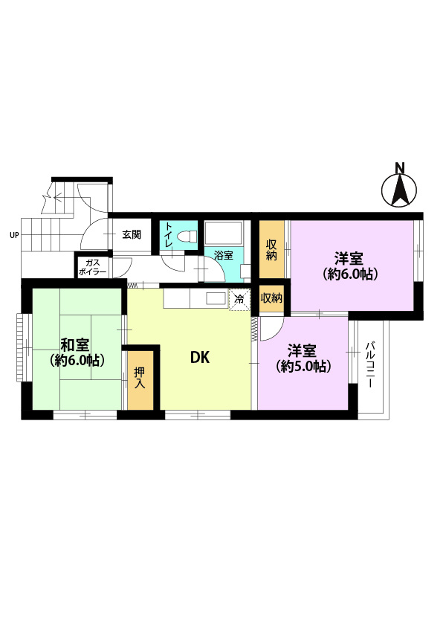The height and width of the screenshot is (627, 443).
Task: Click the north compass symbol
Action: [x=399, y=190]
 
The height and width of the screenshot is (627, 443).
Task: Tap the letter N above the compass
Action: [x=399, y=167]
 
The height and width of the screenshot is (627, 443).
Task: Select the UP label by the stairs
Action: [x=14, y=236]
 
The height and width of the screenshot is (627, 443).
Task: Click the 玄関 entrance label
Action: [x=132, y=234]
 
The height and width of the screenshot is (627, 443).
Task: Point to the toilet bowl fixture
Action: [x=189, y=236]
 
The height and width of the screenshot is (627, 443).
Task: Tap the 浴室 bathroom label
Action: [x=224, y=255]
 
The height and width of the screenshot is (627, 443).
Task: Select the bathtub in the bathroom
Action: [x=224, y=233]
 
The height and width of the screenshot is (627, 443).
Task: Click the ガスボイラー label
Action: [x=93, y=267]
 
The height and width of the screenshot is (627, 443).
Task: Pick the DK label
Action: [x=200, y=358]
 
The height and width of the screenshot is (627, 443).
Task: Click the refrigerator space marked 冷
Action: [x=239, y=298]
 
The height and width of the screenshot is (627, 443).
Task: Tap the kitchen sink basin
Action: [x=216, y=298]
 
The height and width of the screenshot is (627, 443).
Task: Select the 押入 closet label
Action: [x=140, y=378]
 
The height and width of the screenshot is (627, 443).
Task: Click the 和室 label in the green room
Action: [x=75, y=344]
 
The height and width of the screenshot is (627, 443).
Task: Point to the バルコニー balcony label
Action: [x=369, y=364]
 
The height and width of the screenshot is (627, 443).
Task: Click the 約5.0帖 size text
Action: [x=303, y=366]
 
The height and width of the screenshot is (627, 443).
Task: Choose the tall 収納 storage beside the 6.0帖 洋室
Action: [x=271, y=249]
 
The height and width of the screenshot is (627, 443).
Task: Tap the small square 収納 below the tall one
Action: [x=271, y=298]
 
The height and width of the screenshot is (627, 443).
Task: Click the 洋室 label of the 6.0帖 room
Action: [x=349, y=259]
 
